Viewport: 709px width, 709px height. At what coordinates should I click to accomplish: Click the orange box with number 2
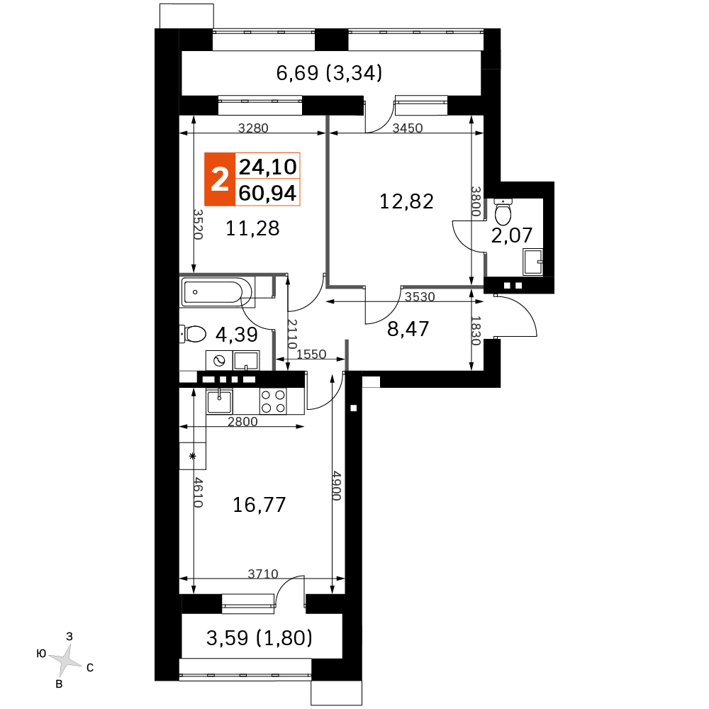coord(220,179)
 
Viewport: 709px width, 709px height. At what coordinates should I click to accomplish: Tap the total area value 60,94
coord(267,194)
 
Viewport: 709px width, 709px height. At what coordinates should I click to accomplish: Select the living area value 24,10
coord(268,167)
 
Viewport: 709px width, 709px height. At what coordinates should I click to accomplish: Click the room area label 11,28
coord(253,228)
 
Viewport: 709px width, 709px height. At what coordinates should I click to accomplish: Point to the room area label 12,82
coord(406,201)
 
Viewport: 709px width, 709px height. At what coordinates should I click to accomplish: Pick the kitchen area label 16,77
coord(259,505)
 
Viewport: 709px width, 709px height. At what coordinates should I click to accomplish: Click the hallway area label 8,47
coord(408,329)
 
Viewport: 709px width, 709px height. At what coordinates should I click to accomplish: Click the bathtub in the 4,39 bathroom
coord(217,292)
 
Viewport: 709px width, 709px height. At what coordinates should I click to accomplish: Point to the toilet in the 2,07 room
coord(503,211)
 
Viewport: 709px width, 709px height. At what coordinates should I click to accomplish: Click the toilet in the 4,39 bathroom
coord(193,334)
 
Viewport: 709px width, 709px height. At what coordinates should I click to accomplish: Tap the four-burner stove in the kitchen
coord(273,401)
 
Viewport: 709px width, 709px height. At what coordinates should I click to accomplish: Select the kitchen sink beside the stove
coord(219,401)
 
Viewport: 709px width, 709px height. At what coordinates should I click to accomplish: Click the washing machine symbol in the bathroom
coord(219,360)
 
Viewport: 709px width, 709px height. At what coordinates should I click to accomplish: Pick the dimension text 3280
coord(253,128)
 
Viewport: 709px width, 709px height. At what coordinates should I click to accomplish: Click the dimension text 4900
coord(337,485)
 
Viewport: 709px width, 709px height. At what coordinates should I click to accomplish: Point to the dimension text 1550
coord(311,354)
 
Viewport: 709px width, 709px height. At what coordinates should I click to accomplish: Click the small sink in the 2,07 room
coord(533,262)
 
